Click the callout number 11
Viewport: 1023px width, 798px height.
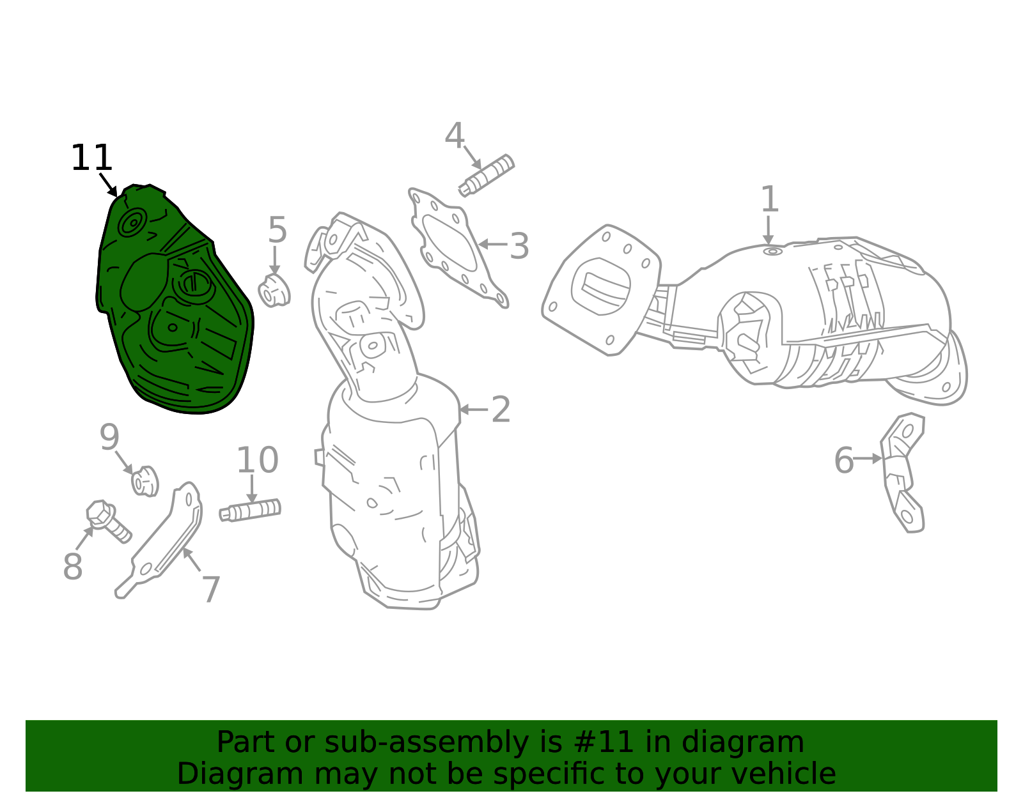tap(91, 158)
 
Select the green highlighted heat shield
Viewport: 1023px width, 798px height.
tap(174, 301)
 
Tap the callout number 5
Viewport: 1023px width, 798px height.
tap(277, 230)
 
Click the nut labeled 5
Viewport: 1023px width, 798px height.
tap(274, 291)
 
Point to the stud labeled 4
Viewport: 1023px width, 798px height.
tap(487, 176)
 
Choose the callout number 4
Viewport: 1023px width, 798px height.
tap(455, 135)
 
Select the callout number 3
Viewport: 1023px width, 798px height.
tap(519, 246)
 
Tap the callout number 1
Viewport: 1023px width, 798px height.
tap(770, 199)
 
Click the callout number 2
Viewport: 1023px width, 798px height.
tap(501, 410)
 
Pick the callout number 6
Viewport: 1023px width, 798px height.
tap(844, 461)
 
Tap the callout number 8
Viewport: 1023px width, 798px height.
tap(73, 566)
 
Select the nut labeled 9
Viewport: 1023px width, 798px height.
tap(145, 480)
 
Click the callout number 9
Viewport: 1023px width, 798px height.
tap(110, 437)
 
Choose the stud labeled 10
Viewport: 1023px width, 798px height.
tap(250, 510)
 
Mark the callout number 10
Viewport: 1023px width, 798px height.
tap(258, 460)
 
